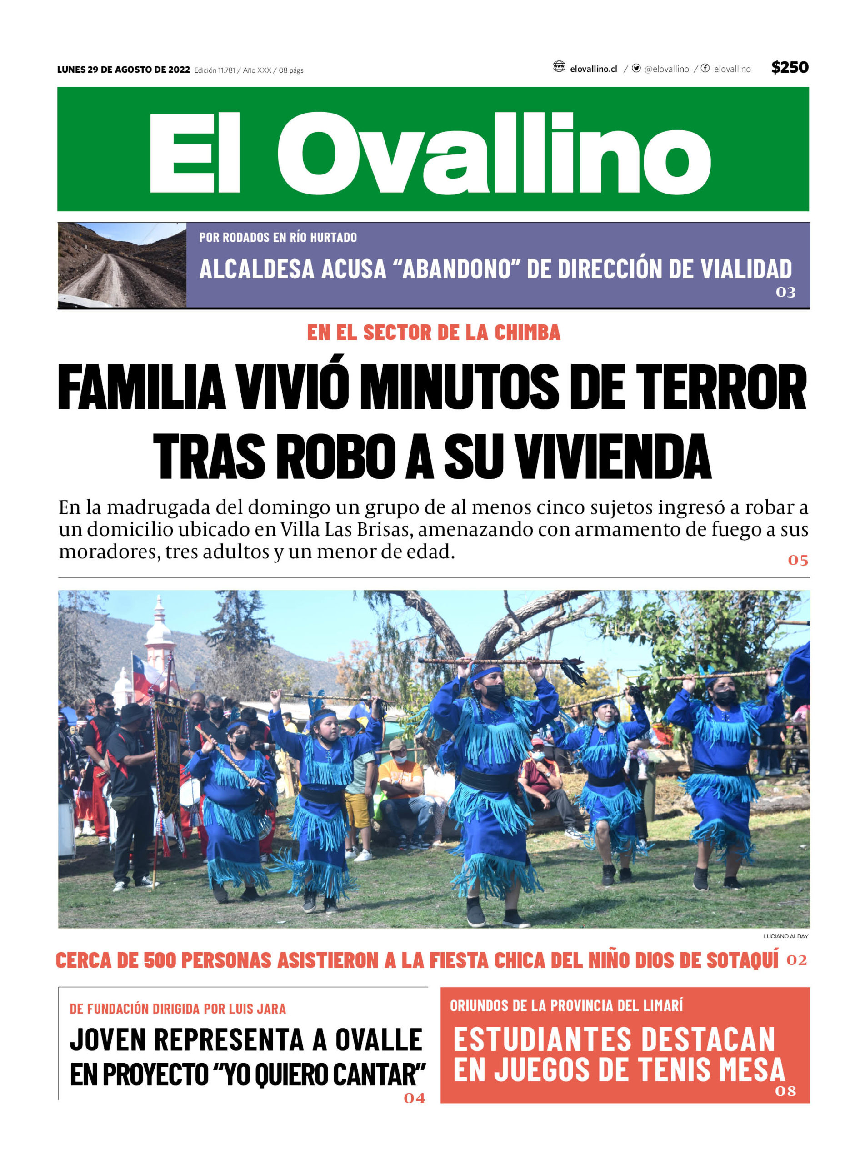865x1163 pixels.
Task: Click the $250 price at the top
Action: point(789,68)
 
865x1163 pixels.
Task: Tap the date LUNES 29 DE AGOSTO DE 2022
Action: point(124,70)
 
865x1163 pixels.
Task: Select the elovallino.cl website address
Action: point(593,69)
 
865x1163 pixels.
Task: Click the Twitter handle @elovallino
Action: point(666,69)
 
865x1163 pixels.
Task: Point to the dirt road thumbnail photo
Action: point(122,265)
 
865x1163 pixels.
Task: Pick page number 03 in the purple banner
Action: point(785,293)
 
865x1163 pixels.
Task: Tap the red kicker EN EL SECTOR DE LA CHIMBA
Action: point(433,333)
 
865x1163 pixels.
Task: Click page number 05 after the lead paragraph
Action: point(797,560)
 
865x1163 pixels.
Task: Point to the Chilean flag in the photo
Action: point(144,675)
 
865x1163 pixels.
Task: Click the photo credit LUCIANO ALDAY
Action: point(785,936)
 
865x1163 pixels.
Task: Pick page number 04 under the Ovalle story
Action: point(414,1098)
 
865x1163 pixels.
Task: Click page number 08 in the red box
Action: point(785,1091)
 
